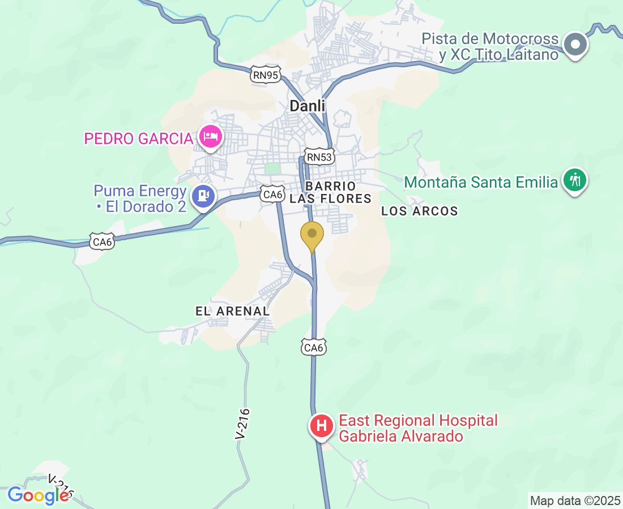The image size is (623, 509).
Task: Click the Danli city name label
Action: pyautogui.click(x=308, y=106)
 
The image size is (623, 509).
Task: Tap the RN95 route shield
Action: pyautogui.click(x=266, y=75)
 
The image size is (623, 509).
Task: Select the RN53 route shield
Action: pyautogui.click(x=319, y=157)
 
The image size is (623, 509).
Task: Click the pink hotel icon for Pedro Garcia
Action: pyautogui.click(x=211, y=137)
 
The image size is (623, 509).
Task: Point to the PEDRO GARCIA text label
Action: pyautogui.click(x=139, y=139)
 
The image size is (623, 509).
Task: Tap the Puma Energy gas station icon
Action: pyautogui.click(x=203, y=196)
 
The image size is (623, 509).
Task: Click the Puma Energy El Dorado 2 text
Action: pyautogui.click(x=140, y=199)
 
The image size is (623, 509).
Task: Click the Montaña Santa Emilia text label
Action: pyautogui.click(x=481, y=183)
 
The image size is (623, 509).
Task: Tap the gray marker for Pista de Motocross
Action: pyautogui.click(x=576, y=44)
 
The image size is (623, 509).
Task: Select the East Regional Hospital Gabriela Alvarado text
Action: pyautogui.click(x=418, y=428)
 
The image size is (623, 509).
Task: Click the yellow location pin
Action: pyautogui.click(x=311, y=236)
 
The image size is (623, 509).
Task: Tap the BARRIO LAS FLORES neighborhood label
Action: pyautogui.click(x=330, y=192)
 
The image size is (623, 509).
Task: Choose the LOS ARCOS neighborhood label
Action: pyautogui.click(x=419, y=212)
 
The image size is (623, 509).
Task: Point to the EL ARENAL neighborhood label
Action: pyautogui.click(x=232, y=311)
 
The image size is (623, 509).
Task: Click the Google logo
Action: pyautogui.click(x=38, y=495)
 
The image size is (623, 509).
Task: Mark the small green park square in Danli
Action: pyautogui.click(x=273, y=169)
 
